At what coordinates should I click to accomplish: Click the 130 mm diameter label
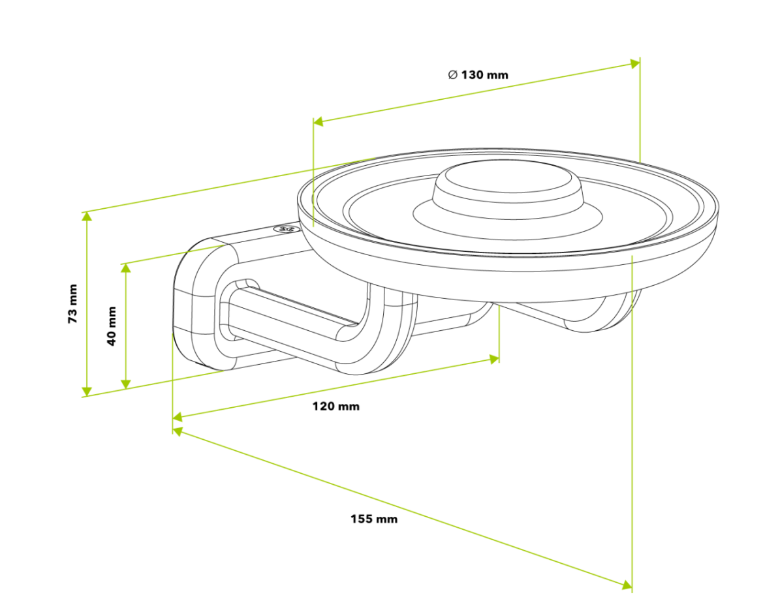pyautogui.click(x=484, y=74)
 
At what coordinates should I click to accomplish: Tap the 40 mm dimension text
pyautogui.click(x=112, y=326)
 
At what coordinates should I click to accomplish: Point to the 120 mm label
pyautogui.click(x=335, y=406)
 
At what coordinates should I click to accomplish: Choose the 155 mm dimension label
pyautogui.click(x=373, y=519)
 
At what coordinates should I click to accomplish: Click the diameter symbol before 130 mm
pyautogui.click(x=452, y=74)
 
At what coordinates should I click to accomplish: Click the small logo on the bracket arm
pyautogui.click(x=285, y=229)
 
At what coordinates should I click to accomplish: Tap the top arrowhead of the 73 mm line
pyautogui.click(x=86, y=217)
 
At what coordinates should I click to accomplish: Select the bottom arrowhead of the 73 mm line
pyautogui.click(x=86, y=391)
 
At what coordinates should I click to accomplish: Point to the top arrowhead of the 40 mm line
pyautogui.click(x=126, y=268)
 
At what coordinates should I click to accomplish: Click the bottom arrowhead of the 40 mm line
pyautogui.click(x=126, y=383)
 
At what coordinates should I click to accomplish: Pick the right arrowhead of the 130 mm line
pyautogui.click(x=634, y=63)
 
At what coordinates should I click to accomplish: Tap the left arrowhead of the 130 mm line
pyautogui.click(x=319, y=121)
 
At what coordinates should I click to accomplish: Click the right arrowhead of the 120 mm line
pyautogui.click(x=494, y=358)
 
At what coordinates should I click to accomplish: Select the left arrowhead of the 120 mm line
pyautogui.click(x=178, y=416)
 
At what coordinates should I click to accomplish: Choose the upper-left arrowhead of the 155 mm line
pyautogui.click(x=178, y=431)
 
